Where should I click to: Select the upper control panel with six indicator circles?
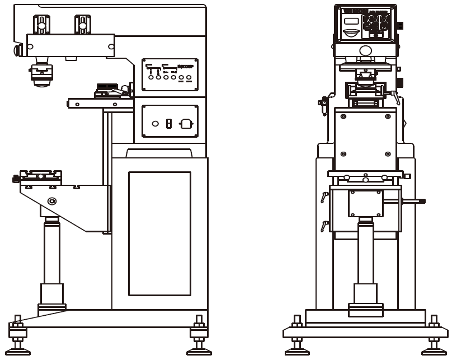[170, 74]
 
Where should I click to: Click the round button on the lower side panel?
[156, 124]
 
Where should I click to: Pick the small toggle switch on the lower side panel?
[168, 124]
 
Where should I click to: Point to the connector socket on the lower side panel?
[186, 124]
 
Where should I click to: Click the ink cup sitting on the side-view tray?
[107, 89]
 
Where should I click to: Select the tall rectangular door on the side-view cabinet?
[159, 233]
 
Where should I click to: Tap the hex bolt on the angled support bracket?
[52, 201]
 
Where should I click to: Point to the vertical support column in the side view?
[52, 252]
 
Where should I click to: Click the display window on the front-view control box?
[351, 21]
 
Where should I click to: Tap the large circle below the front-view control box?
[365, 51]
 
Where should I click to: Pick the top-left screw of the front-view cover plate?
[343, 116]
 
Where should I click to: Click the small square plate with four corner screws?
[365, 203]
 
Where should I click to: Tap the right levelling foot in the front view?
[434, 336]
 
